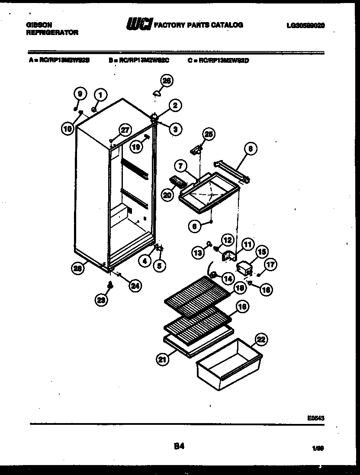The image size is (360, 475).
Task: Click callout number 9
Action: pos(80,93)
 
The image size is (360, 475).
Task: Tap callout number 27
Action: pos(124,130)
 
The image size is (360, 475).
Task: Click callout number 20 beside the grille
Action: pos(167,195)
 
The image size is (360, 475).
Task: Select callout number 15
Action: pos(262,252)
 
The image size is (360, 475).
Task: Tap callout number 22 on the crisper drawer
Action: pos(261,340)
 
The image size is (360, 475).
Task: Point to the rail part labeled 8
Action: pos(234,170)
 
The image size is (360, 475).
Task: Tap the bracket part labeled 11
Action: pos(229,257)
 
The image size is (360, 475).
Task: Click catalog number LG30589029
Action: pos(305,26)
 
